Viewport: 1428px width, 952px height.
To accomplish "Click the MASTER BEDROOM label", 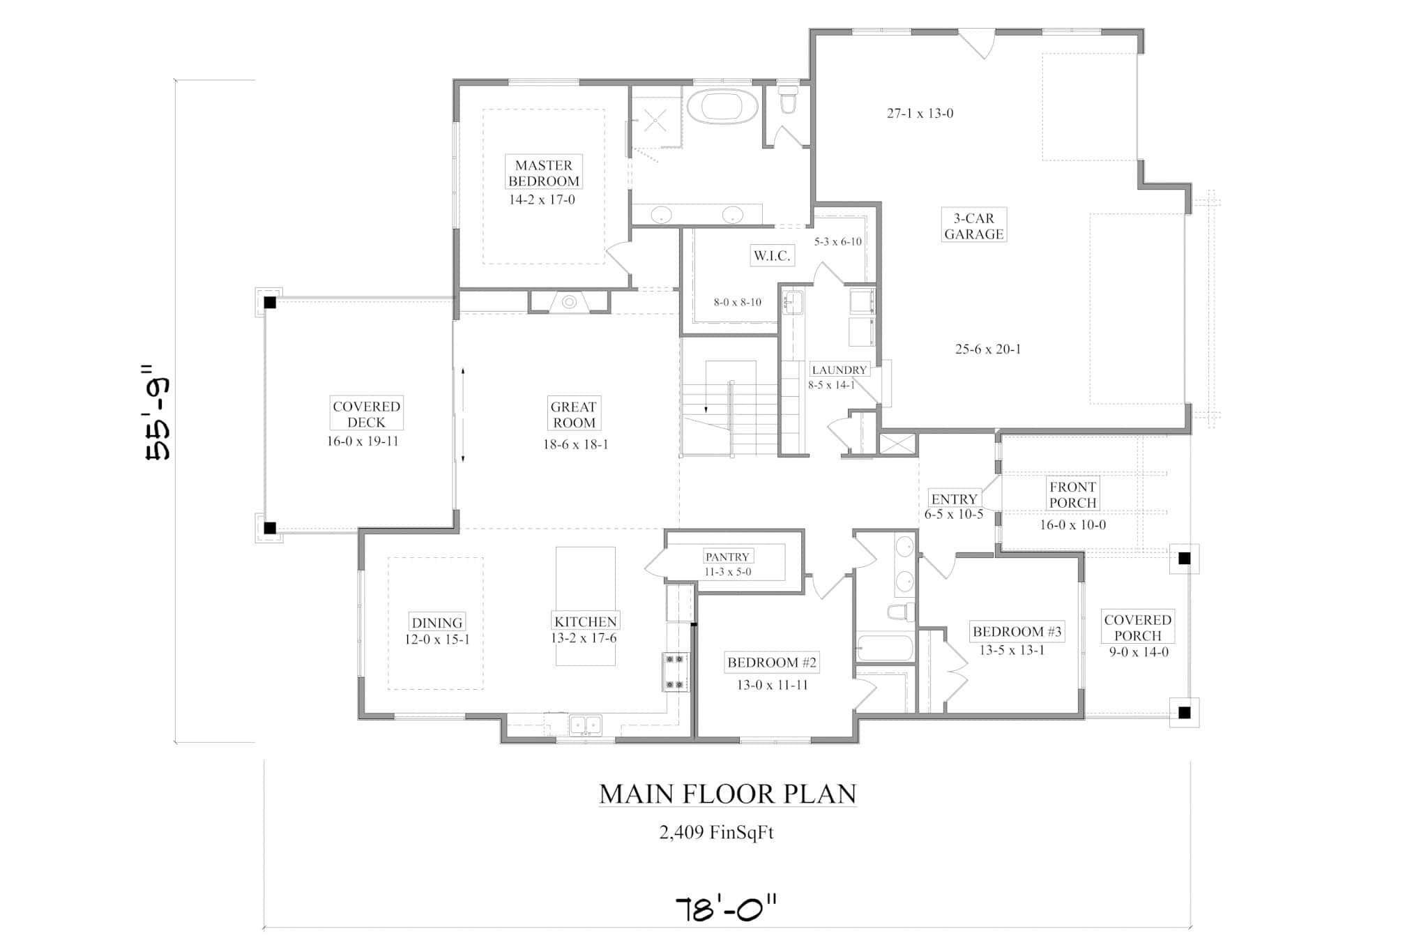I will coord(543,173).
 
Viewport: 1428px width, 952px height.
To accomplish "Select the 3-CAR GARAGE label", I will coord(973,226).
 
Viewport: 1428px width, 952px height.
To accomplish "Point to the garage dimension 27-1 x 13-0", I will coord(920,113).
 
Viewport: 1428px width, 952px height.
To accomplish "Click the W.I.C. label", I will coord(772,256).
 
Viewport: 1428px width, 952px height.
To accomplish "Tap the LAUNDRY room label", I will coord(839,370).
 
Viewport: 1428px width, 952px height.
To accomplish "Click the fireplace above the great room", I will coord(569,302).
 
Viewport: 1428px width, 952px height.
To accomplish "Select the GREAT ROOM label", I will coord(573,415).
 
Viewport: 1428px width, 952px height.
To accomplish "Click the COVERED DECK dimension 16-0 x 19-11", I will coord(363,441).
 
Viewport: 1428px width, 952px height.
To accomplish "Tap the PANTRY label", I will coord(727,557).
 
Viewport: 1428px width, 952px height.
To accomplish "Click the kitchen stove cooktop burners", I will coord(674,672).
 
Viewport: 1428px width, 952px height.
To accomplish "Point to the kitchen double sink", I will coord(585,725).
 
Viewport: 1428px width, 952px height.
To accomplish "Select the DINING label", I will coord(436,623).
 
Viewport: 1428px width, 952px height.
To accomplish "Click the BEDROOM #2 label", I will coord(772,663).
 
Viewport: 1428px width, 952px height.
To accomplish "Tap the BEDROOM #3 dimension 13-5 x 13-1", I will coord(1012,651).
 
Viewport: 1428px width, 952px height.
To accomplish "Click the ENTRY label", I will coord(954,499).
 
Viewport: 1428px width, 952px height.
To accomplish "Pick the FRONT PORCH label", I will coord(1072,494).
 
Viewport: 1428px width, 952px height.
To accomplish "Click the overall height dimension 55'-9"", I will coord(158,411).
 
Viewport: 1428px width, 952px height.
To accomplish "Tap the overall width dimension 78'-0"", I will coord(726,910).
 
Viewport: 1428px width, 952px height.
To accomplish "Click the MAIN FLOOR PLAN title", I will coord(727,794).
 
